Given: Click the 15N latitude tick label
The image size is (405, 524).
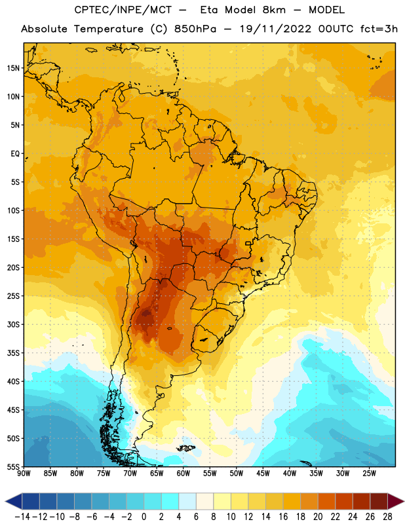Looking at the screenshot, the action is pyautogui.click(x=13, y=68).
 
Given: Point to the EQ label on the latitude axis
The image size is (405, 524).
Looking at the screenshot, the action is pyautogui.click(x=15, y=154).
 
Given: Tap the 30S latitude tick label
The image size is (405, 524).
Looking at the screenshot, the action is pyautogui.click(x=13, y=324).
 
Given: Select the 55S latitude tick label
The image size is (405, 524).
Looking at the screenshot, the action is pyautogui.click(x=13, y=466).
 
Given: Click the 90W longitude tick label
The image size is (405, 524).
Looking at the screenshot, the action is pyautogui.click(x=24, y=474).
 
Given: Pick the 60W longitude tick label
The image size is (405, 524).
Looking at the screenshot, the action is pyautogui.click(x=183, y=474).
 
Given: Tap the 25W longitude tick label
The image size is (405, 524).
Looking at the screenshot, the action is pyautogui.click(x=369, y=474).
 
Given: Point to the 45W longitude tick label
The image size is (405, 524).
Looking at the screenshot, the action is pyautogui.click(x=263, y=474).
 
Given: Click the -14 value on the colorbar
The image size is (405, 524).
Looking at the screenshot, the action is pyautogui.click(x=22, y=517).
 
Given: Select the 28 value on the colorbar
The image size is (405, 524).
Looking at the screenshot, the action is pyautogui.click(x=387, y=517).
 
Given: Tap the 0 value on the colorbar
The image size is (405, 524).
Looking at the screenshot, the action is pyautogui.click(x=144, y=517).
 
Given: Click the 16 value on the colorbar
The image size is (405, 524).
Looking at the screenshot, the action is pyautogui.click(x=283, y=517).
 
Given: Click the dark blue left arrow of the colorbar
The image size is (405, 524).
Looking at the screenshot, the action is pyautogui.click(x=14, y=501).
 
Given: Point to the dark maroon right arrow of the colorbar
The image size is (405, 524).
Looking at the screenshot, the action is pyautogui.click(x=396, y=501).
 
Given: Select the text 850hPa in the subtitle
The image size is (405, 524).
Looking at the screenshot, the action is pyautogui.click(x=195, y=29).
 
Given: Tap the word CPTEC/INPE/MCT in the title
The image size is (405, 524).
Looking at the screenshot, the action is pyautogui.click(x=123, y=10).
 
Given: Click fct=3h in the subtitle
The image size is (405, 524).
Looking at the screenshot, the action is pyautogui.click(x=379, y=29).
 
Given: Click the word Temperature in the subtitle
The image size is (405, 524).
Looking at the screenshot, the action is pyautogui.click(x=108, y=29).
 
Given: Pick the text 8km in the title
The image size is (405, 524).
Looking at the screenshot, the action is pyautogui.click(x=274, y=10).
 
